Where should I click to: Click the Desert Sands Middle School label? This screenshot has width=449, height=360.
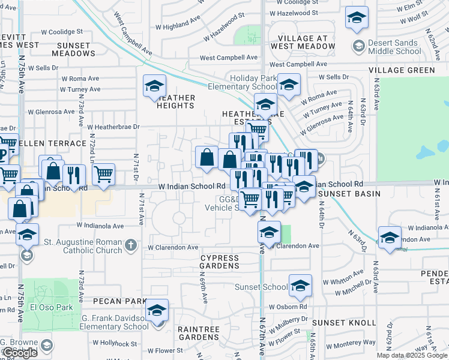click(395, 47)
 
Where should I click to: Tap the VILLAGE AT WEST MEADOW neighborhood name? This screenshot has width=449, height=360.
click(303, 42)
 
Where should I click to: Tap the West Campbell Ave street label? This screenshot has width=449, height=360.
click(229, 58)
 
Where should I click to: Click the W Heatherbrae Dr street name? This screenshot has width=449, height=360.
click(113, 127)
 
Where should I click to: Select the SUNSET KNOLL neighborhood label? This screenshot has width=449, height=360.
click(345, 323)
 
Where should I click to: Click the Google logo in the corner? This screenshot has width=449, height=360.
click(19, 353)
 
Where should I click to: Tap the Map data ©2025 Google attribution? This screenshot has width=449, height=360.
click(412, 355)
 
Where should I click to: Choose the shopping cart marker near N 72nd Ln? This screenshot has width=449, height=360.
click(103, 175)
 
